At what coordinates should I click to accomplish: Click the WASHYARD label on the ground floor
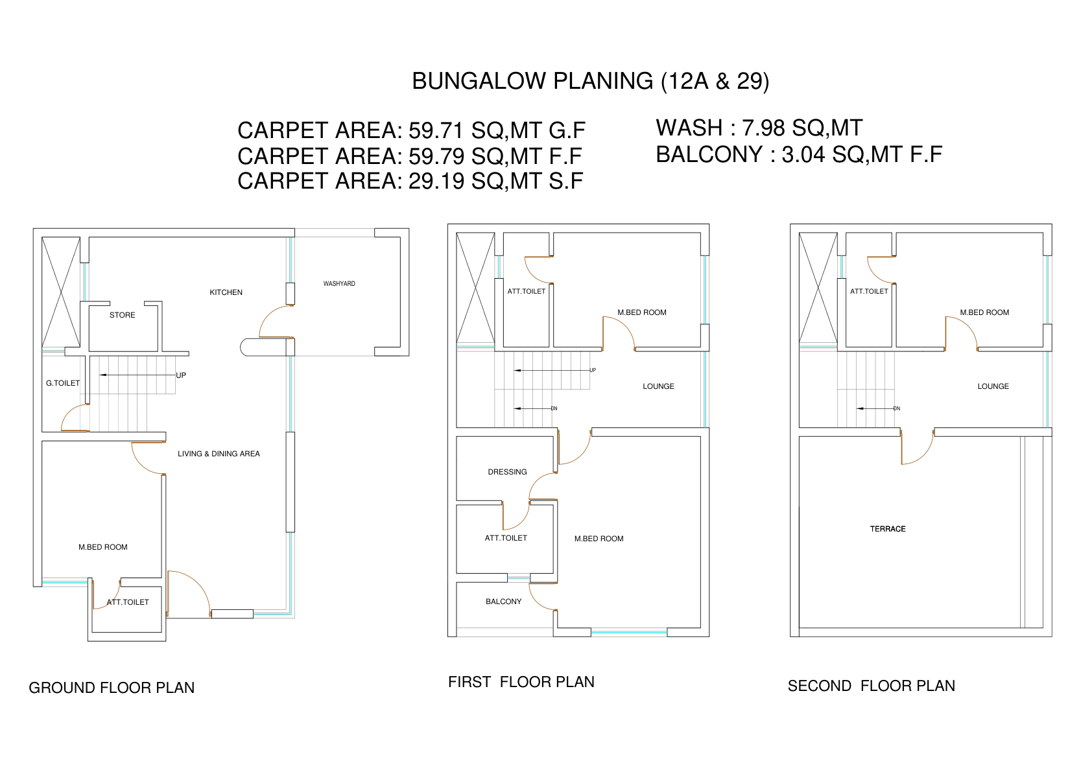[338, 284]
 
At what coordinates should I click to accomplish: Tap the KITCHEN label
[226, 292]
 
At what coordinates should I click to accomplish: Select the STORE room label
[123, 315]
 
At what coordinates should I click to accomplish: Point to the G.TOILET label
[63, 383]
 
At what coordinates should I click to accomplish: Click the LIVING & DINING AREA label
[219, 454]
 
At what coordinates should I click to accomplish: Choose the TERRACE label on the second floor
[888, 529]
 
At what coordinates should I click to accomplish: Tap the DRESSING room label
[507, 472]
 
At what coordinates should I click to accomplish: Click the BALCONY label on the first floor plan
[503, 602]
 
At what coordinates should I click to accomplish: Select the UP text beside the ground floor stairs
[181, 375]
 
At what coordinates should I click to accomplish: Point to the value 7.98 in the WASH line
[763, 128]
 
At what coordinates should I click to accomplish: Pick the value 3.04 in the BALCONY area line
[803, 154]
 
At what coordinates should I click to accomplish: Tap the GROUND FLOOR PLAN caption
[112, 688]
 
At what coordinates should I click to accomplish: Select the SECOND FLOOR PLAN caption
[871, 686]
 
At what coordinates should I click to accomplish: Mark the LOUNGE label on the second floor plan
[993, 386]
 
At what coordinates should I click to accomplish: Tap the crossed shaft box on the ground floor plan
[61, 292]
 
